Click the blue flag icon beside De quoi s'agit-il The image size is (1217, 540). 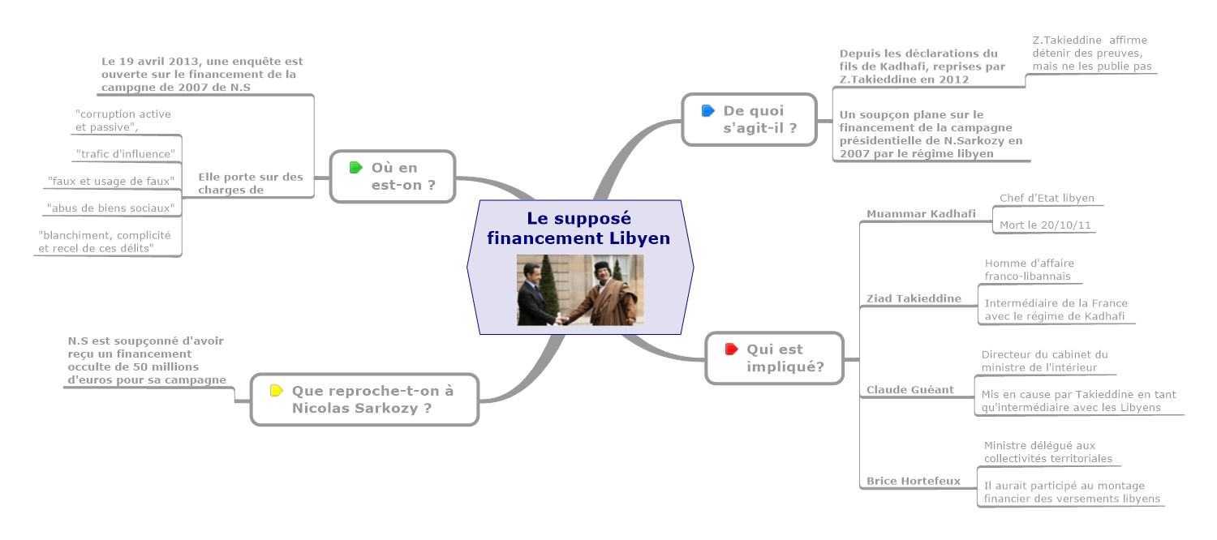pos(707,110)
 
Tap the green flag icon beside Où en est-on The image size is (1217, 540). pos(355,168)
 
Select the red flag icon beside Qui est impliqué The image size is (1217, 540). pos(731,349)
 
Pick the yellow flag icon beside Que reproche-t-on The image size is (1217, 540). pos(277,390)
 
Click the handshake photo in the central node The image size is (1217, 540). pos(580,289)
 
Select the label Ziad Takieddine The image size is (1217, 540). pos(914,298)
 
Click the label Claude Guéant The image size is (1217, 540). pos(910,390)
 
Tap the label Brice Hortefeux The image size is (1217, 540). pos(913,481)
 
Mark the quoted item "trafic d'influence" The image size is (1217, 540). pos(125,153)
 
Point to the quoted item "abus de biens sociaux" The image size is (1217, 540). pos(111,208)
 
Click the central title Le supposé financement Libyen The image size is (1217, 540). pos(578,228)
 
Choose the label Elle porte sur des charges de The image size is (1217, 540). pos(250,183)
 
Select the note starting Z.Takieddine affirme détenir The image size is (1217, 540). pos(1091,53)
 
